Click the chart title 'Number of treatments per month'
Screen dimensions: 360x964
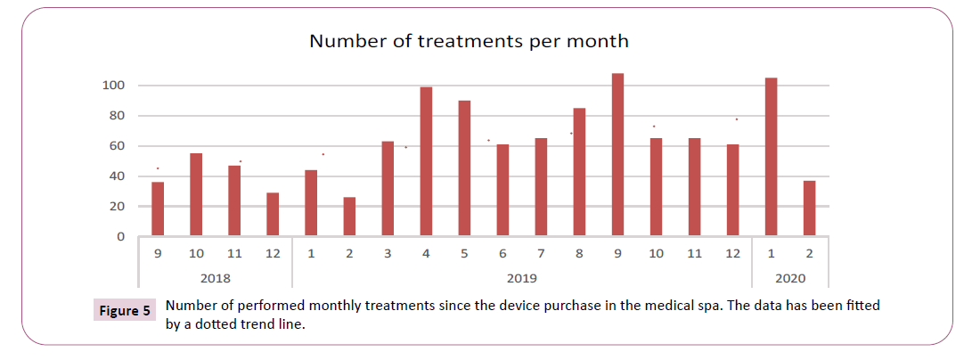[469, 41]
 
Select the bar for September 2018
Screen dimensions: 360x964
[158, 209]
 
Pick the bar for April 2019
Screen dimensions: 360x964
[426, 161]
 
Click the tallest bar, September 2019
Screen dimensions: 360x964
[617, 155]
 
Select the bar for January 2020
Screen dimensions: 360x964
[771, 157]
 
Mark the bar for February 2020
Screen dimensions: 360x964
[809, 209]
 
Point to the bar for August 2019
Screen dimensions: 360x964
[579, 172]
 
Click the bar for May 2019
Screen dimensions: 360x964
[464, 168]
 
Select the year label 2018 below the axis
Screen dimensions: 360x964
[215, 277]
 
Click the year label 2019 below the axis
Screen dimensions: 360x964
[521, 277]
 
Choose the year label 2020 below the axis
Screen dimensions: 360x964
[789, 277]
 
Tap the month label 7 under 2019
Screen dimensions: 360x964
[541, 254]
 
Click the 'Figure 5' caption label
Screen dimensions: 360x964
[125, 311]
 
